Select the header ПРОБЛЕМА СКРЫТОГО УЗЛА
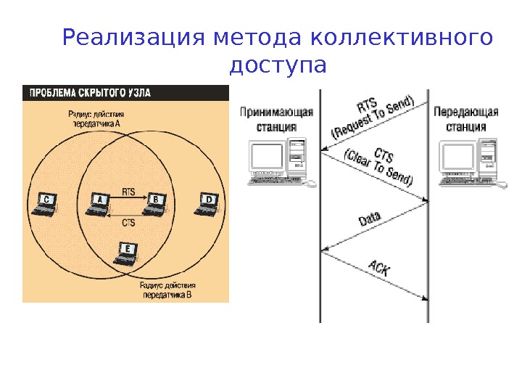90,93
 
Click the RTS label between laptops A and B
128,192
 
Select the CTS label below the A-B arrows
128,223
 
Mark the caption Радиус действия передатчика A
96,118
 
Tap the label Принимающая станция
277,119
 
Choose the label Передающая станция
466,119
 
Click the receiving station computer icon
279,163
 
